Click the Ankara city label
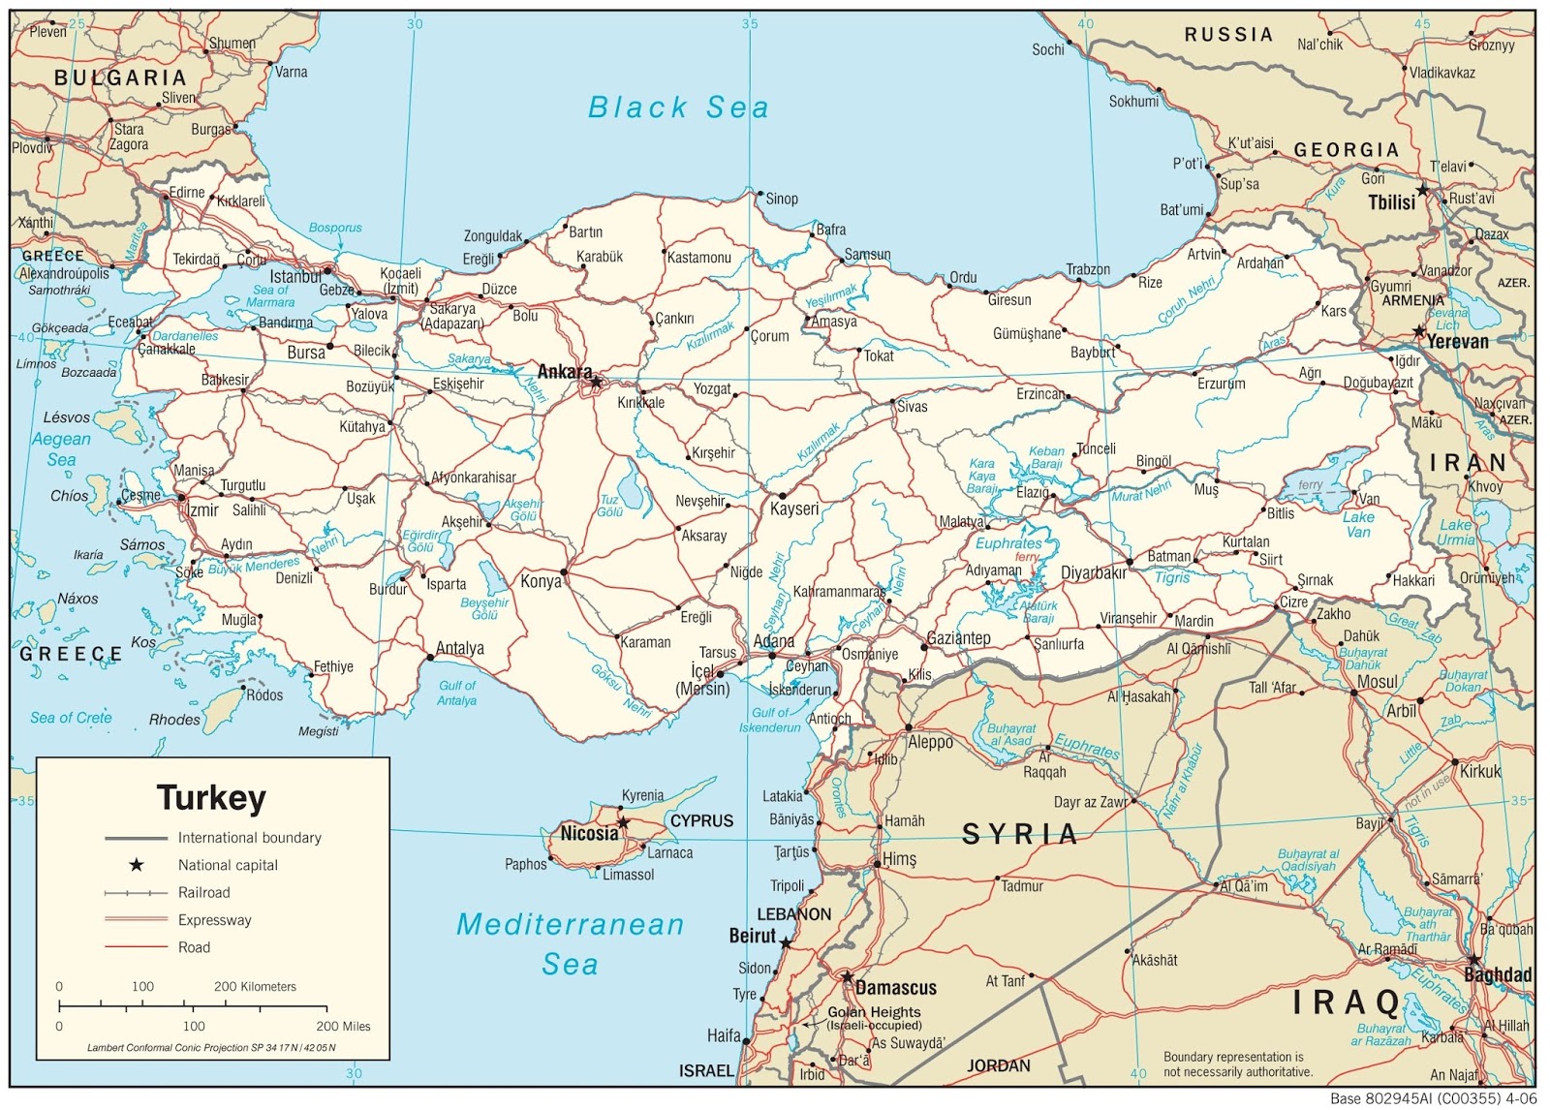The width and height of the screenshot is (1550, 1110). (564, 372)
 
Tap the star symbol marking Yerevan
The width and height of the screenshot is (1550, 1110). (1418, 331)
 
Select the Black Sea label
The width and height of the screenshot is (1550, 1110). (678, 108)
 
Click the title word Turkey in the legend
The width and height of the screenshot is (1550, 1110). (211, 798)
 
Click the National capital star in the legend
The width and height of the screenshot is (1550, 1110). (137, 865)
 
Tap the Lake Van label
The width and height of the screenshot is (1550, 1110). (1358, 524)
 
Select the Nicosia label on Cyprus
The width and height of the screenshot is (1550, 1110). (589, 833)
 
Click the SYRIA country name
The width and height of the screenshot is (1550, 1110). (1019, 834)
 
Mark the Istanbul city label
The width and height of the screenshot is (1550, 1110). (295, 277)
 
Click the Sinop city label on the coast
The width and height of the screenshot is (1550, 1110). (782, 199)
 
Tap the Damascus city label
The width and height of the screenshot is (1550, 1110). (896, 988)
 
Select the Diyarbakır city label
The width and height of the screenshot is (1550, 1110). (1094, 572)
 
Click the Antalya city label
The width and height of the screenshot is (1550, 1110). (460, 648)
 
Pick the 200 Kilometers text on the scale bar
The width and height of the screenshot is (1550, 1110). (255, 986)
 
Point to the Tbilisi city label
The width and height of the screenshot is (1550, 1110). (1391, 202)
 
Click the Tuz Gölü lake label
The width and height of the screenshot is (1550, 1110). (609, 506)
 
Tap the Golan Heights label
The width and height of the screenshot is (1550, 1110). (874, 1012)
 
